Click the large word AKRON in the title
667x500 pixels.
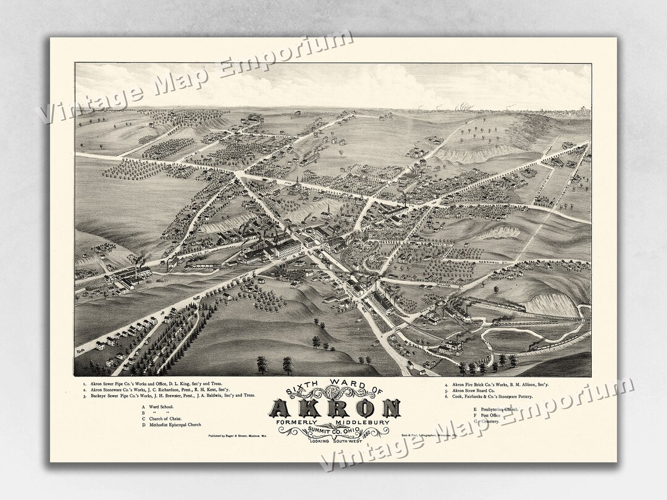click(335, 408)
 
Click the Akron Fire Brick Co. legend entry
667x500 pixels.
click(500, 385)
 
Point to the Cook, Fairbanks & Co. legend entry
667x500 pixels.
click(493, 398)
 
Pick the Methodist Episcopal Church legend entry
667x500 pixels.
click(173, 425)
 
